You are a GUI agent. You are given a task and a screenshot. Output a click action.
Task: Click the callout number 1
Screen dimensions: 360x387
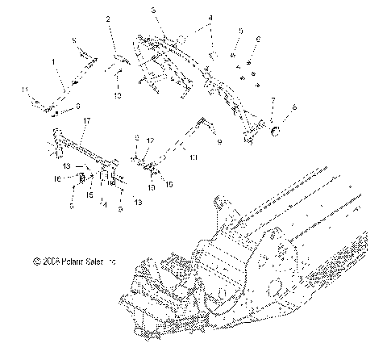pos(54,61)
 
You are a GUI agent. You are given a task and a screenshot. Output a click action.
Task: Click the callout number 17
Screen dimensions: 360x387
pos(86,120)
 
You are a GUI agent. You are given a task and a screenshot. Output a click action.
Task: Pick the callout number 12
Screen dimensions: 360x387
pos(150,140)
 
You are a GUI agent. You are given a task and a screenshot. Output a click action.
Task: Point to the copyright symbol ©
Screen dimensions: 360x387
pos(36,262)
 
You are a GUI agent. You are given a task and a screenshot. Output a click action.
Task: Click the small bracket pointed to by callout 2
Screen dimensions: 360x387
pos(119,59)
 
